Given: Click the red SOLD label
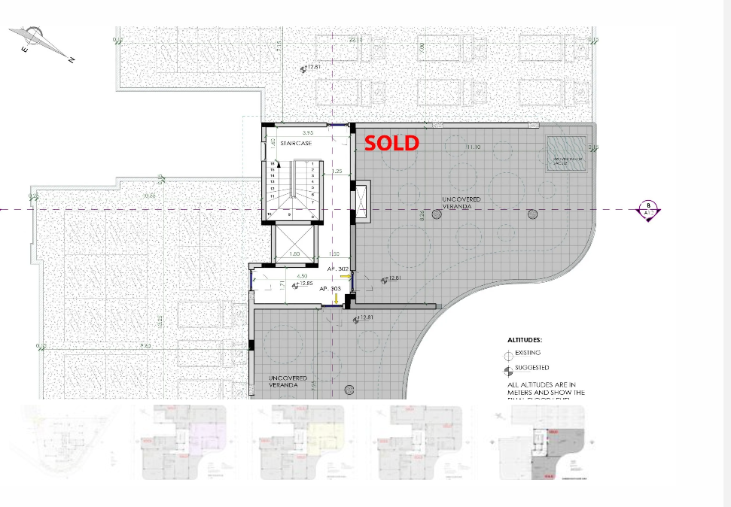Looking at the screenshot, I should (x=391, y=142).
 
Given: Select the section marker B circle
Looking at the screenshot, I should (x=648, y=209).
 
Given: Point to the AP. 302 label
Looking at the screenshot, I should (x=337, y=269).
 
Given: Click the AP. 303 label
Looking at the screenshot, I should (x=330, y=289).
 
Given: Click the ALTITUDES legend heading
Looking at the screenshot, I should (x=525, y=340).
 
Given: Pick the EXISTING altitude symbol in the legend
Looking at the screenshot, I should (x=509, y=354).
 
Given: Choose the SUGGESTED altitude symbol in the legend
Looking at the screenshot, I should (x=509, y=369).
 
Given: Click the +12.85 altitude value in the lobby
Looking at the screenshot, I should (x=304, y=284).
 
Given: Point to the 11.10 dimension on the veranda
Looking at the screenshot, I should (x=474, y=147).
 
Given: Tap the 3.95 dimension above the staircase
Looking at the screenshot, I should (x=287, y=132).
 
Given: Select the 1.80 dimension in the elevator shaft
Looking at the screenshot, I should (x=295, y=254).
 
